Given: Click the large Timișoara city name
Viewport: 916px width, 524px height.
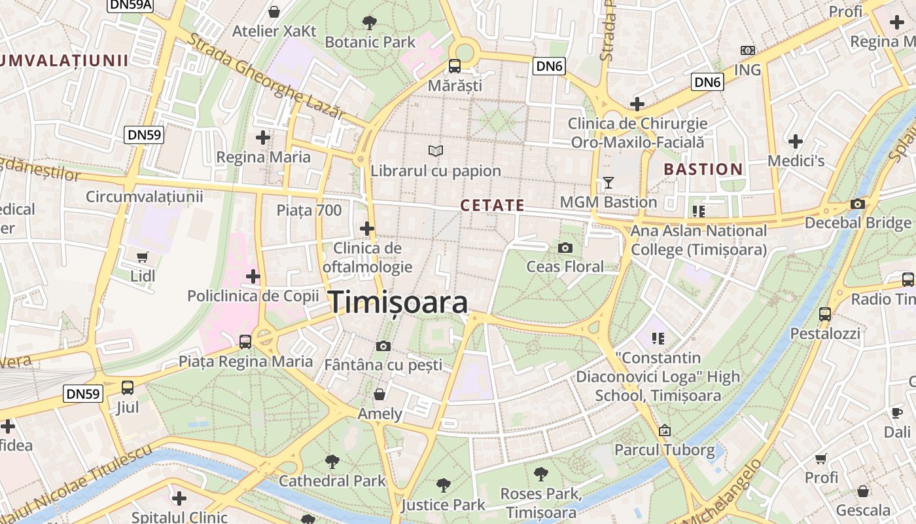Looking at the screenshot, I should click(398, 303).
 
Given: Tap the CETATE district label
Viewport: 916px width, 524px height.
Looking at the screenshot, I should click(493, 206).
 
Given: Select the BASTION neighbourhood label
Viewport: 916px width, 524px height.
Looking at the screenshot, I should click(703, 170).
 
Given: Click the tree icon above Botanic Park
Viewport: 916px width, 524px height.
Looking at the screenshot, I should click(370, 23).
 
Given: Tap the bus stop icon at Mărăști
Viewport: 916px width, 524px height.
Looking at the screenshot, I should click(454, 66).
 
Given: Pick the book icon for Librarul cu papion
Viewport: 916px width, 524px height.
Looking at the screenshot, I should click(436, 151).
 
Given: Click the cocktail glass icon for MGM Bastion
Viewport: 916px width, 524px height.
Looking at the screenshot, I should click(608, 183).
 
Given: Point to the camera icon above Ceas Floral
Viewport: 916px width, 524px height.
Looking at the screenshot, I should click(565, 248).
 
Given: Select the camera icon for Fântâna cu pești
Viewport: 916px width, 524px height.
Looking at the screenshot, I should click(383, 346).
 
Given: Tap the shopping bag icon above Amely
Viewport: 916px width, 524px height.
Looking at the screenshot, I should click(379, 394).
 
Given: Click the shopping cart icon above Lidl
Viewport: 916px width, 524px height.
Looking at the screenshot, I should click(143, 257).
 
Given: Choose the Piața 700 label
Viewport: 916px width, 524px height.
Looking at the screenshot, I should click(309, 210).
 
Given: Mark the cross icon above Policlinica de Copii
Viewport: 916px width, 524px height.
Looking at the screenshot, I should click(253, 276).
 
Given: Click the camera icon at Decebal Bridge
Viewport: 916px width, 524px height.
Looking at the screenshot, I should click(857, 204).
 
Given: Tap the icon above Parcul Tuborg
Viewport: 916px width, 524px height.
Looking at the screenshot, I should click(665, 430).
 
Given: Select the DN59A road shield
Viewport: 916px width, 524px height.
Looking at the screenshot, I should click(130, 5).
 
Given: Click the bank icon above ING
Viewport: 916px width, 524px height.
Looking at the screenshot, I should click(747, 50).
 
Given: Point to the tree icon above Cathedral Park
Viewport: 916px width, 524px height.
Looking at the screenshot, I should click(332, 461).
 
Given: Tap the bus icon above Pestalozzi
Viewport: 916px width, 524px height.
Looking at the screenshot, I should click(825, 314).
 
